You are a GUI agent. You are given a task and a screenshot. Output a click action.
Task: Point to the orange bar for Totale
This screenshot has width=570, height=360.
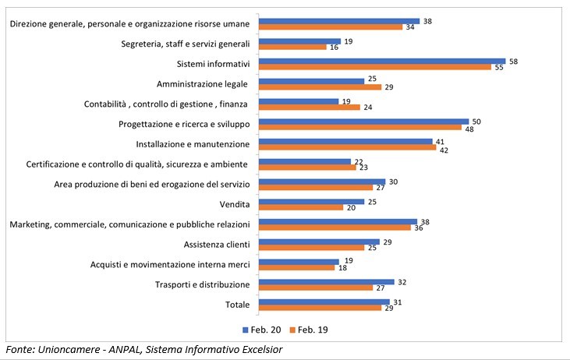point(319,309)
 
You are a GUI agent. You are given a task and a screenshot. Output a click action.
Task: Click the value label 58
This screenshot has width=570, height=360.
point(514,60)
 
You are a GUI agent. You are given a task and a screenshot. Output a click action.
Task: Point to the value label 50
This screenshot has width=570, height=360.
point(477,121)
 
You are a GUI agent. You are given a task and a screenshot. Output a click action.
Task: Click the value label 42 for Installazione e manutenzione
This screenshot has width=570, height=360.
point(444,147)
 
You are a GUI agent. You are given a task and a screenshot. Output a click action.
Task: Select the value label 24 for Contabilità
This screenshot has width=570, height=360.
point(368,107)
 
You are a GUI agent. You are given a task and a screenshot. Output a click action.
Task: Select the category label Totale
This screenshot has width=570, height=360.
point(235,305)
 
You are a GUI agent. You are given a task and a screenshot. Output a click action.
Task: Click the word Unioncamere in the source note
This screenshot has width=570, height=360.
point(69,350)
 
